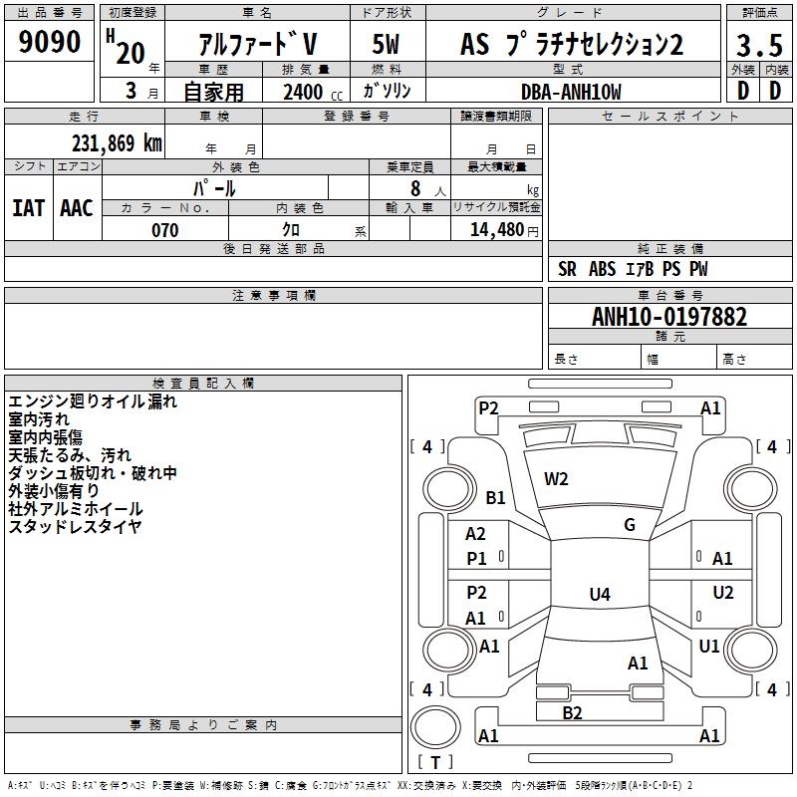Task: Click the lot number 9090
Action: pyautogui.click(x=50, y=42)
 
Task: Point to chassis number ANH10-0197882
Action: pyautogui.click(x=669, y=317)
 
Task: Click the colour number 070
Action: pyautogui.click(x=164, y=230)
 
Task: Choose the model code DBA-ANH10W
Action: pyautogui.click(x=571, y=92)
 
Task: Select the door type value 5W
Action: pyautogui.click(x=387, y=45)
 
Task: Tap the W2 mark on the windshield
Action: pyautogui.click(x=556, y=478)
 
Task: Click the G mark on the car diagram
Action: pyautogui.click(x=630, y=525)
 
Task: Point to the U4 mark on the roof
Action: pyautogui.click(x=599, y=595)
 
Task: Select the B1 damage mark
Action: pyautogui.click(x=495, y=497)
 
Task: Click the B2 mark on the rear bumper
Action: pyautogui.click(x=572, y=712)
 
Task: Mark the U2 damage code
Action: pyautogui.click(x=723, y=593)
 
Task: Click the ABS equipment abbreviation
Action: pyautogui.click(x=602, y=269)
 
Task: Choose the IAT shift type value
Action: pyautogui.click(x=28, y=208)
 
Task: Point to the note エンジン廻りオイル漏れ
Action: pyautogui.click(x=92, y=401)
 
